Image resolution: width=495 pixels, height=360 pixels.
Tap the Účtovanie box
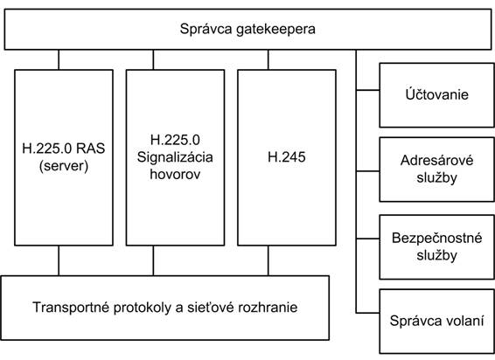(x=436, y=95)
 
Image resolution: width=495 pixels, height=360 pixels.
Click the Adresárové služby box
(x=436, y=170)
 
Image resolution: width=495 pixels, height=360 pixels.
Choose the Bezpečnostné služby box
(x=436, y=247)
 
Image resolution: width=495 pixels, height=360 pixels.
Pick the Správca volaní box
(x=436, y=322)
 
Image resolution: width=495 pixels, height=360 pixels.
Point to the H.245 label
(x=287, y=157)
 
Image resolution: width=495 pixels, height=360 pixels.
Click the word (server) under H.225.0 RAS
(x=64, y=166)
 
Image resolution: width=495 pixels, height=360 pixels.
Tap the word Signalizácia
(x=175, y=157)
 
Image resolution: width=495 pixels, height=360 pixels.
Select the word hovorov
(x=175, y=175)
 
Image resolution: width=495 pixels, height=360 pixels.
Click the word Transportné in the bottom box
(x=71, y=308)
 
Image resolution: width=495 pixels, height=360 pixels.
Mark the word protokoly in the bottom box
(x=142, y=308)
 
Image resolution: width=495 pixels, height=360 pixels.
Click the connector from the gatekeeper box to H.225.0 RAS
(x=59, y=59)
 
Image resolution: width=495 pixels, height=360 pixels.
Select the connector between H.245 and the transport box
(x=268, y=260)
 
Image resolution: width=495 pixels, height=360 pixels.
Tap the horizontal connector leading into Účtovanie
(x=368, y=90)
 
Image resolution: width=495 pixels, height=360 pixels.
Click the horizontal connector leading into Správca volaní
(x=368, y=313)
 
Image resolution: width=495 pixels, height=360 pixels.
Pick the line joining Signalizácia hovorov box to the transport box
(x=153, y=260)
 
